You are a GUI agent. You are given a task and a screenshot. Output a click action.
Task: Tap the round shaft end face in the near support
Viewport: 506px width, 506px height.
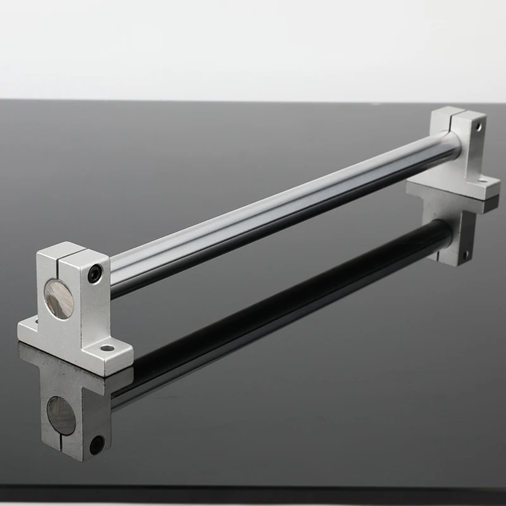(x=59, y=299)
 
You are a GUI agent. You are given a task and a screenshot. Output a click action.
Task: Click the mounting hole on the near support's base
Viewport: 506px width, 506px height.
(x=107, y=347)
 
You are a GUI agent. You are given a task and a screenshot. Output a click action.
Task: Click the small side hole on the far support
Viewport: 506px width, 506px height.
(x=479, y=127)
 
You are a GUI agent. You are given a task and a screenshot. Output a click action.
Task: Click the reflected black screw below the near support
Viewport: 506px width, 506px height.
(x=96, y=445)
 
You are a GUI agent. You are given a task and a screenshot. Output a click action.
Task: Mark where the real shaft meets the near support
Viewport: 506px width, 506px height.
(x=112, y=273)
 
